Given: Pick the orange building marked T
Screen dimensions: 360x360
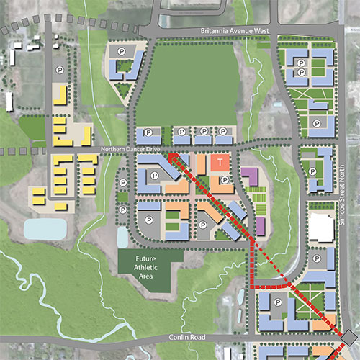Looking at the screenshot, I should point(219,163).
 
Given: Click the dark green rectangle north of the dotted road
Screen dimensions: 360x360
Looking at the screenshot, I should point(32,128).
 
